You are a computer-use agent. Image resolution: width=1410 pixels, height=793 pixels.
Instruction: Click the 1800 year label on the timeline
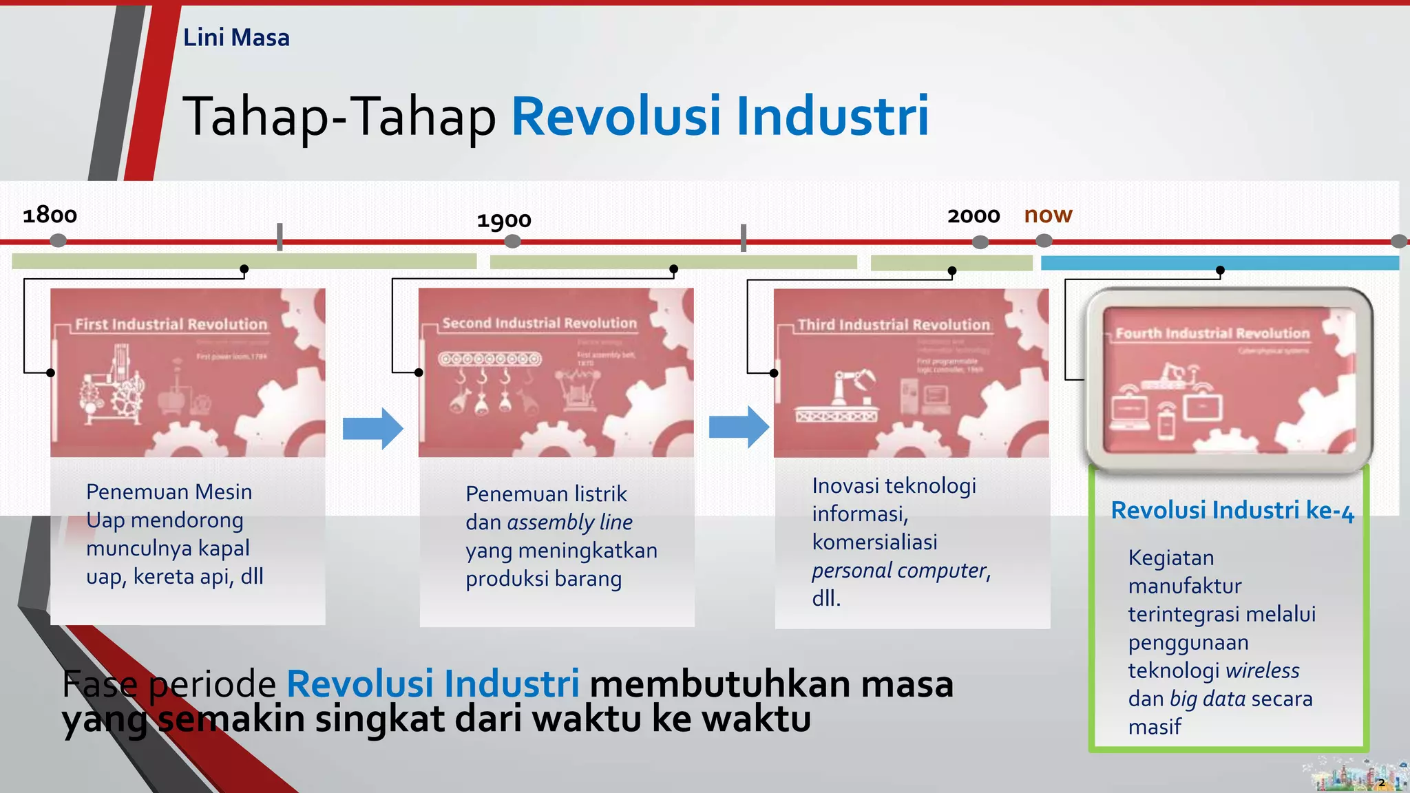point(50,215)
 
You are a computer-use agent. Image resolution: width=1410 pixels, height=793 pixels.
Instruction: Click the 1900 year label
point(504,220)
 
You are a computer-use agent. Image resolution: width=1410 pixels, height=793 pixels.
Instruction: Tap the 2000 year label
point(974,216)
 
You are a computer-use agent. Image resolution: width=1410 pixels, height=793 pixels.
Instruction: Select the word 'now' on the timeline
point(1048,215)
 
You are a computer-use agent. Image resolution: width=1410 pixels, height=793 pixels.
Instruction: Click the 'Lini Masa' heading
point(236,37)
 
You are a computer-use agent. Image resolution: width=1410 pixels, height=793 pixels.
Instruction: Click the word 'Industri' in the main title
point(832,116)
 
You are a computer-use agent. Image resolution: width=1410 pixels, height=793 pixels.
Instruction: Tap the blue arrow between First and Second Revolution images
point(372,428)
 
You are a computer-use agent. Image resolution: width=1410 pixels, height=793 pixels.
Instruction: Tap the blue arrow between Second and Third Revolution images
point(739,427)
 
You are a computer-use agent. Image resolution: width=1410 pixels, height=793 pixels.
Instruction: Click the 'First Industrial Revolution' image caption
point(171,324)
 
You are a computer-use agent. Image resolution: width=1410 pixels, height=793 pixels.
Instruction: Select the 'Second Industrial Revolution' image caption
point(539,323)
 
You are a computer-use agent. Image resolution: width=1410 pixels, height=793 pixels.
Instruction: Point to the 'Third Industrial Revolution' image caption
point(894,325)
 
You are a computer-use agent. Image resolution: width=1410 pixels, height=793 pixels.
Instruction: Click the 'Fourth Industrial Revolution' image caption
point(1212,333)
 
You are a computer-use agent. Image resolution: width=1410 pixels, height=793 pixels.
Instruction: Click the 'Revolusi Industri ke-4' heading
point(1232,511)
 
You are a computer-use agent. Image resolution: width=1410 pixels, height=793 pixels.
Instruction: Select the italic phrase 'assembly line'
point(569,522)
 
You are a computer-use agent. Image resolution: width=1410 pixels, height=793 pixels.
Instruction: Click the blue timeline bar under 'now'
point(1219,263)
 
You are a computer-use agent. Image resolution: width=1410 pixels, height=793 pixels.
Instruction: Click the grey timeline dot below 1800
point(59,240)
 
